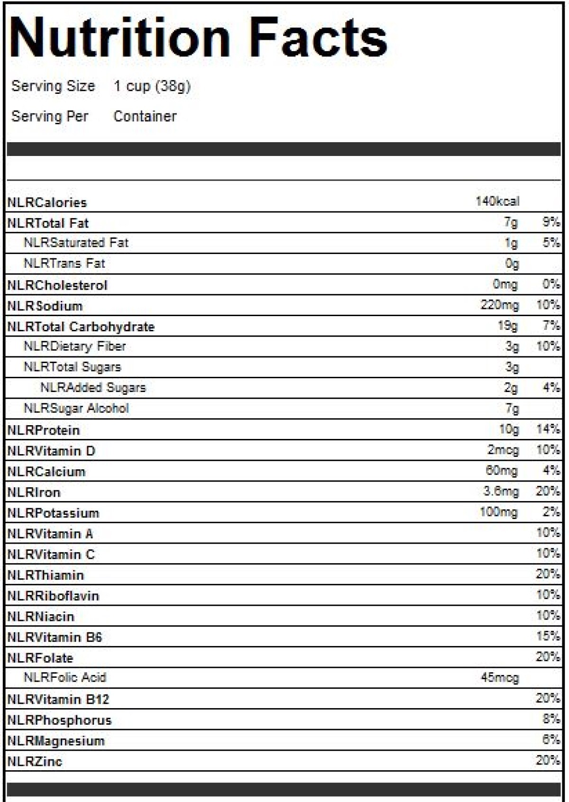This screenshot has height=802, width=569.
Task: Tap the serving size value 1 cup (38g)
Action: pos(152,86)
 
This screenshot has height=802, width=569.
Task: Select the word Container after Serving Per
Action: pos(145,116)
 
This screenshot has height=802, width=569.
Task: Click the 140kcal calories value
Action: pos(497,201)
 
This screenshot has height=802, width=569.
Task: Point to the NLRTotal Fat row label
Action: pos(48,223)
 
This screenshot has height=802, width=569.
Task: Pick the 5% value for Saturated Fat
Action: pos(551,243)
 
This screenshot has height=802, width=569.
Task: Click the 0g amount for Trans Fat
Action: pos(512,264)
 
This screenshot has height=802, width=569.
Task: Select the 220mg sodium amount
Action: pos(500,305)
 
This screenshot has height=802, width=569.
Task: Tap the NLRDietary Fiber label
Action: pos(75,346)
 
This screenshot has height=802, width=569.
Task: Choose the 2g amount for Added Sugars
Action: pos(511,388)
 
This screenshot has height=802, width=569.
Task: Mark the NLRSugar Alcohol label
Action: pos(76,409)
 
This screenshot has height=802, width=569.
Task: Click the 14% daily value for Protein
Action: pos(548,429)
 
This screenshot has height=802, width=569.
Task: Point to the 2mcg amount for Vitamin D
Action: pos(503,450)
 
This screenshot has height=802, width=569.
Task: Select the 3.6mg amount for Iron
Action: pos(501,492)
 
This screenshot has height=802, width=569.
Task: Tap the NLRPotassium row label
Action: pos(53,513)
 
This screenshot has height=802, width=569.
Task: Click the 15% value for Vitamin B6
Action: pos(548,636)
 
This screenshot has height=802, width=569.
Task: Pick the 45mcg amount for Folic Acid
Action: pos(500,678)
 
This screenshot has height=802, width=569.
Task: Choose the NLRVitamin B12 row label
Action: pos(58,699)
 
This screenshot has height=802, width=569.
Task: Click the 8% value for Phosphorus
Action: pos(551,719)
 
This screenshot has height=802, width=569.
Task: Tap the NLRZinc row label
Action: pos(35,762)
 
